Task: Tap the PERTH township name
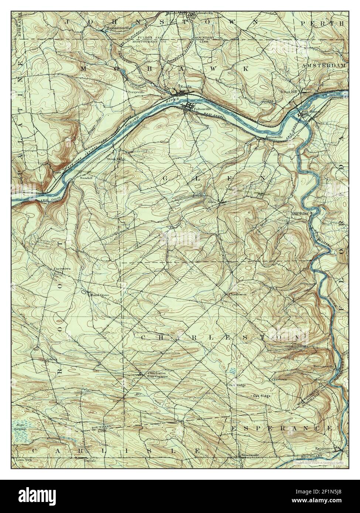pyautogui.click(x=322, y=23)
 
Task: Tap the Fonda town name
pyautogui.click(x=185, y=87)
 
